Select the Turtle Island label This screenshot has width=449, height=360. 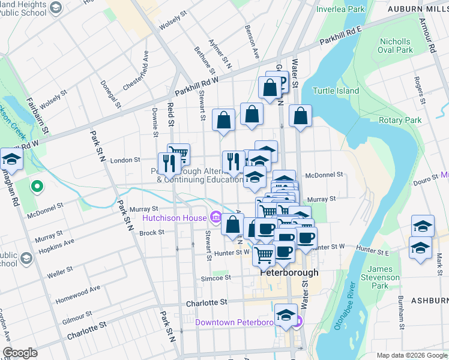click(x=336, y=91)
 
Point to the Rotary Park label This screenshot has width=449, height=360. click(x=400, y=120)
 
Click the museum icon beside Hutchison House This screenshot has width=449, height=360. click(x=216, y=217)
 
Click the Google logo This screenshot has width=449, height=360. click(x=19, y=353)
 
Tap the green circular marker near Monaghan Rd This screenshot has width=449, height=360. click(x=37, y=187)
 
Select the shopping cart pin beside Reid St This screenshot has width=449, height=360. click(x=178, y=154)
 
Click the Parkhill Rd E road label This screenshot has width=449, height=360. click(x=340, y=36)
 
